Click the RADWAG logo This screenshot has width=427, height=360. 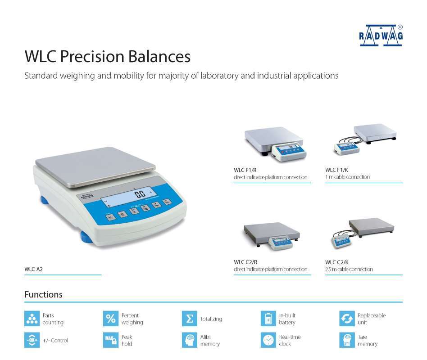point(381,36)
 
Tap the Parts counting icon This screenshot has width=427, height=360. point(32,319)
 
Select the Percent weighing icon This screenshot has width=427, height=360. point(111,319)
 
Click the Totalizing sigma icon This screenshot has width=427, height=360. point(190,319)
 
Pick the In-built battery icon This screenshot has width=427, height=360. point(268,319)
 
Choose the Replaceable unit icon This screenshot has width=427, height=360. point(347,319)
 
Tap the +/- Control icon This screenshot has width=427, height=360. point(32,340)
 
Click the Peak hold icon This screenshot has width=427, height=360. point(111,340)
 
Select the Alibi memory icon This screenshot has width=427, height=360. point(190,340)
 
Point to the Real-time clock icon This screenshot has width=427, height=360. point(268,340)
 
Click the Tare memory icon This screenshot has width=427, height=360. point(347,340)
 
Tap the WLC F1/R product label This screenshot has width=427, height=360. point(245,170)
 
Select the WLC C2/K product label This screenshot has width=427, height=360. point(337,262)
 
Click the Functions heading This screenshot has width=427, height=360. point(43,295)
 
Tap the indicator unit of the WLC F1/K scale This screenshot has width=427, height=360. point(346,148)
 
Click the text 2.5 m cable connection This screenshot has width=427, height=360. point(349,269)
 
